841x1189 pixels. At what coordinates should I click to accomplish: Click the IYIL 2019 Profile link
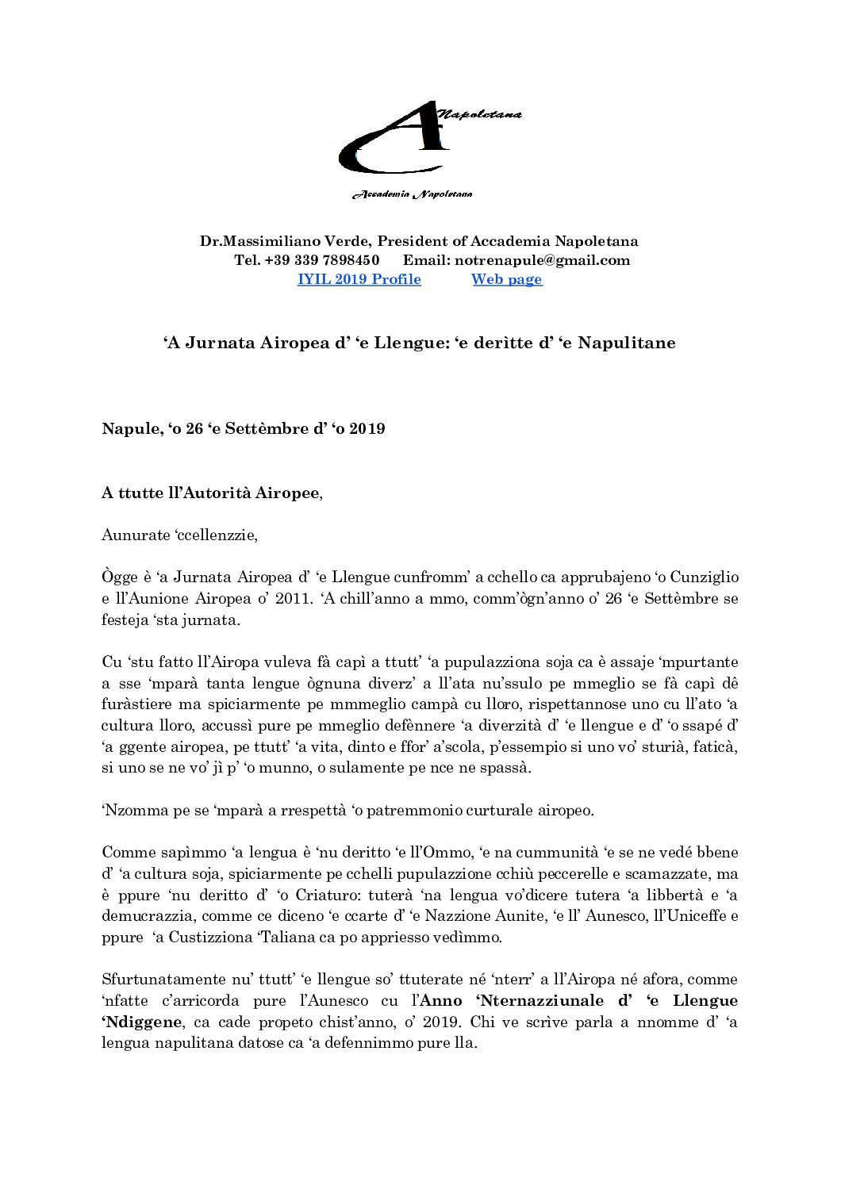(x=359, y=279)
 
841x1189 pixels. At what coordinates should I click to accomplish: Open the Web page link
(x=506, y=279)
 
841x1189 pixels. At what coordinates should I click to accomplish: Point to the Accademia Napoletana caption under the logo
(x=412, y=194)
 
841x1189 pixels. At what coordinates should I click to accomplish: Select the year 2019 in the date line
(x=367, y=429)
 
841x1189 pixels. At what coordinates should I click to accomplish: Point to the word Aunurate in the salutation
(x=136, y=535)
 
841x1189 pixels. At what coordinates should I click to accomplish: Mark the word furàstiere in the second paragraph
(x=134, y=704)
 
